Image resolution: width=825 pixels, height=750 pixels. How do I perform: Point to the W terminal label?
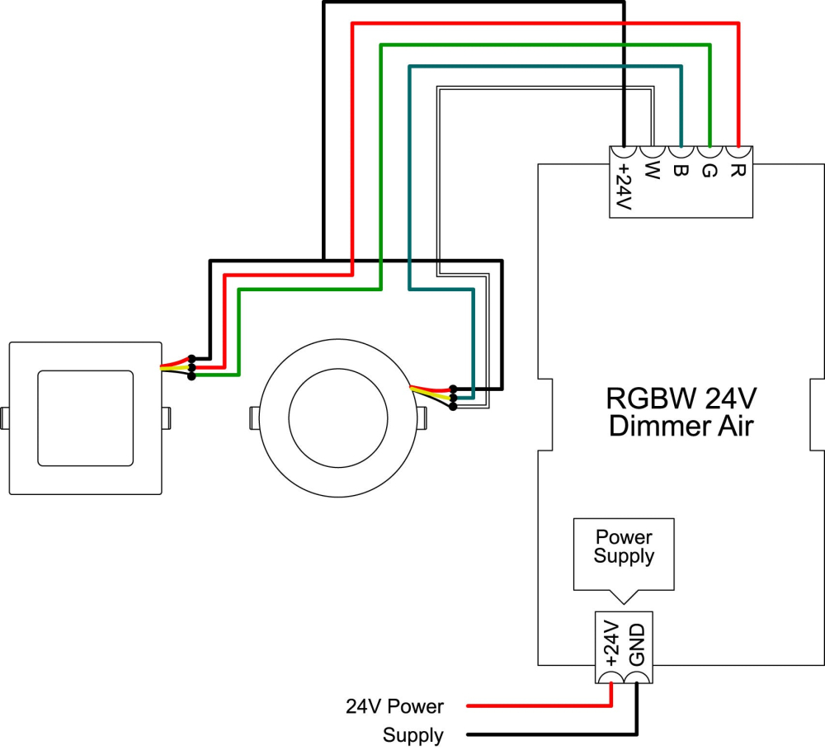point(652,172)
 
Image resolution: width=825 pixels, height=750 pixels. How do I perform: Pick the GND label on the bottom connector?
point(636,646)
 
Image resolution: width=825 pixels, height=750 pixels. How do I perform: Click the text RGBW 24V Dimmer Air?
point(681,413)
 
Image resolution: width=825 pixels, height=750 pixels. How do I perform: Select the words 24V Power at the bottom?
point(394,706)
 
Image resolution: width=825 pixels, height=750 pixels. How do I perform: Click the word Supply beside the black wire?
point(412,735)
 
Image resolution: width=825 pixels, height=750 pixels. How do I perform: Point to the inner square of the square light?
point(86,417)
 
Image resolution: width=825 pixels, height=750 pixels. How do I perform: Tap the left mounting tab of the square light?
point(5,417)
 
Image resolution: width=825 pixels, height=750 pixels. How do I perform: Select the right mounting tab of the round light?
point(422,417)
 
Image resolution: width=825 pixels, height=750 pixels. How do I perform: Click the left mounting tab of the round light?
point(254,417)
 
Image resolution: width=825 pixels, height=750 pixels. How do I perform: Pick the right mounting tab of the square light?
point(166,417)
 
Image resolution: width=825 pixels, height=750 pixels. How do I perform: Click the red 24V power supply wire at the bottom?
point(536,706)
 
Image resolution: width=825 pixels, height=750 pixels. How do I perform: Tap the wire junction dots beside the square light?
point(191,367)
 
